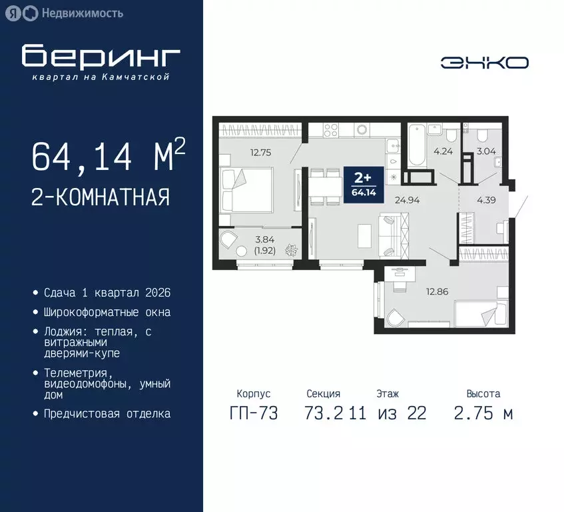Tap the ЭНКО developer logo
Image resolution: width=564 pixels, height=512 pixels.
click(x=485, y=63)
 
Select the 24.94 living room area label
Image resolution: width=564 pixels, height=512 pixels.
click(x=407, y=199)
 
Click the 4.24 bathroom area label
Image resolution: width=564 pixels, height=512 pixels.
click(x=443, y=151)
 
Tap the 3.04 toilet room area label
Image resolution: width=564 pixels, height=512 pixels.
click(x=485, y=151)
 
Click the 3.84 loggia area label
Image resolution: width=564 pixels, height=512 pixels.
click(x=264, y=239)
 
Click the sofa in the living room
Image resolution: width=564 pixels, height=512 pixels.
click(x=393, y=234)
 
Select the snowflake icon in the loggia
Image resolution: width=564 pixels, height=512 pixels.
click(x=292, y=251)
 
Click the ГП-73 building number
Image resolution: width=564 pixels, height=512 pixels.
click(x=253, y=413)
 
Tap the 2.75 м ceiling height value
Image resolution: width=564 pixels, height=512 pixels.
click(x=483, y=413)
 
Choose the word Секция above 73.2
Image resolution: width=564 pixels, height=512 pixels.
click(x=324, y=394)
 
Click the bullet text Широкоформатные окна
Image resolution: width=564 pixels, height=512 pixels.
click(x=107, y=312)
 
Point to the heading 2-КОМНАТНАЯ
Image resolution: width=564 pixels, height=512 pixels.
click(x=100, y=197)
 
